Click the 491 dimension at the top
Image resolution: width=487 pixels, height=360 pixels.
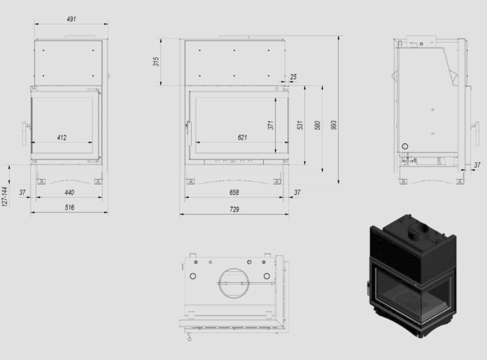pyautogui.click(x=71, y=20)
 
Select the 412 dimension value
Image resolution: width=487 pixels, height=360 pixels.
pyautogui.click(x=62, y=138)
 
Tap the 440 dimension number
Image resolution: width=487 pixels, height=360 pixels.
pyautogui.click(x=69, y=192)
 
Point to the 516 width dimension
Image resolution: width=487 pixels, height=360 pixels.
pyautogui.click(x=69, y=208)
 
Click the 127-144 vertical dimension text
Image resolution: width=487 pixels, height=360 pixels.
pyautogui.click(x=4, y=196)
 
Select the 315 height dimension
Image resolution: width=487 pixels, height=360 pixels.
pyautogui.click(x=156, y=62)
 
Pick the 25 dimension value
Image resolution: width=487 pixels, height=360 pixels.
pyautogui.click(x=293, y=77)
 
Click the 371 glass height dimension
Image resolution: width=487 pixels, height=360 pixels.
pyautogui.click(x=271, y=125)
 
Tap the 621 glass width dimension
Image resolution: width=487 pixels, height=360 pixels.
pyautogui.click(x=242, y=138)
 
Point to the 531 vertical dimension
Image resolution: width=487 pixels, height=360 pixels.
pyautogui.click(x=299, y=125)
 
